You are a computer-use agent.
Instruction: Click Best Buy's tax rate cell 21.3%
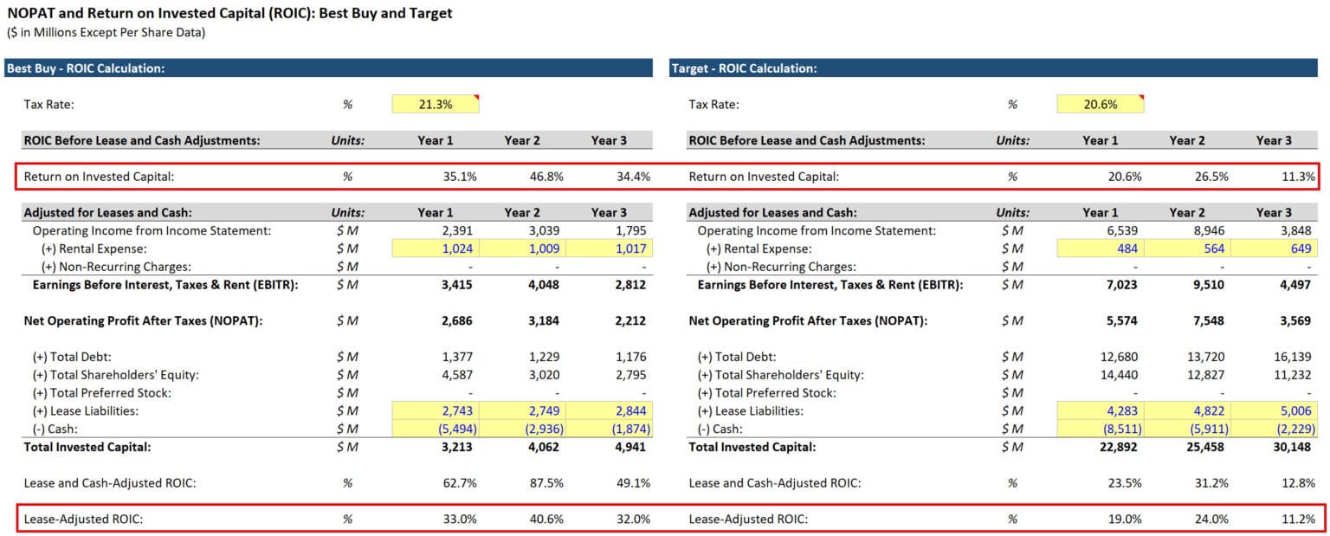click(435, 104)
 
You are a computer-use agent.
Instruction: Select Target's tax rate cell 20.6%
click(1100, 104)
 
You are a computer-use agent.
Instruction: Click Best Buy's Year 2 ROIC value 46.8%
click(546, 177)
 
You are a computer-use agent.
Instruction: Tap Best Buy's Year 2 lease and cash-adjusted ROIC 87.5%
click(546, 483)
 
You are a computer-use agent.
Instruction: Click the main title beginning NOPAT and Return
click(229, 14)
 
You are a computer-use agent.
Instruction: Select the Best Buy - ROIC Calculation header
click(87, 68)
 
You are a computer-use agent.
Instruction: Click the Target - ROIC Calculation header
click(745, 68)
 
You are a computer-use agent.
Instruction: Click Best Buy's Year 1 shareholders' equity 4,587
click(458, 375)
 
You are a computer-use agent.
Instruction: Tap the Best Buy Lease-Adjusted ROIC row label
click(83, 519)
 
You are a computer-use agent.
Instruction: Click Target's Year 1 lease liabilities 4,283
click(1123, 411)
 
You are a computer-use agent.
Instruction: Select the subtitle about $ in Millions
click(107, 33)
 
